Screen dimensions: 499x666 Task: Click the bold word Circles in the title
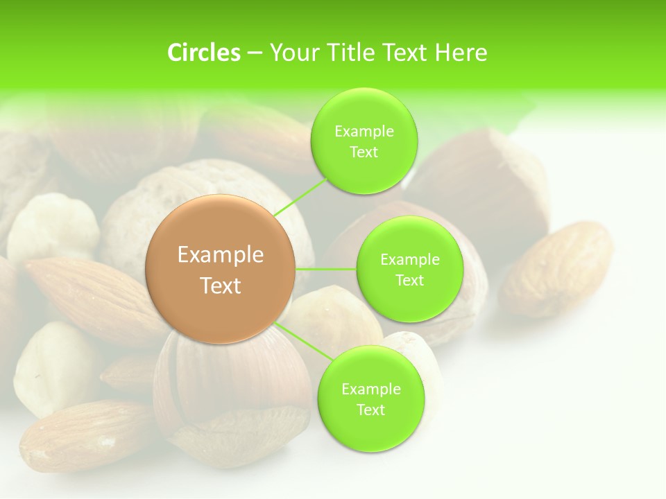point(204,53)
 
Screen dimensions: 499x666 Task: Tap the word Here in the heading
point(461,53)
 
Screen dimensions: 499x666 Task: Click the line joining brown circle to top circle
point(301,197)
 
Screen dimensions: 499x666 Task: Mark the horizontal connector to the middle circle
point(326,269)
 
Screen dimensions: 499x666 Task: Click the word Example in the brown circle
point(221,255)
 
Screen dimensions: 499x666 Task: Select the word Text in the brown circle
point(221,286)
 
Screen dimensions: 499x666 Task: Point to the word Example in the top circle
point(364,131)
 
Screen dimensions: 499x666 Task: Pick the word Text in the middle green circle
point(409,280)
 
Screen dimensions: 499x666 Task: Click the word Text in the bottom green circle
point(370,410)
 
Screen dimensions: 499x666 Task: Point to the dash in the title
point(254,53)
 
